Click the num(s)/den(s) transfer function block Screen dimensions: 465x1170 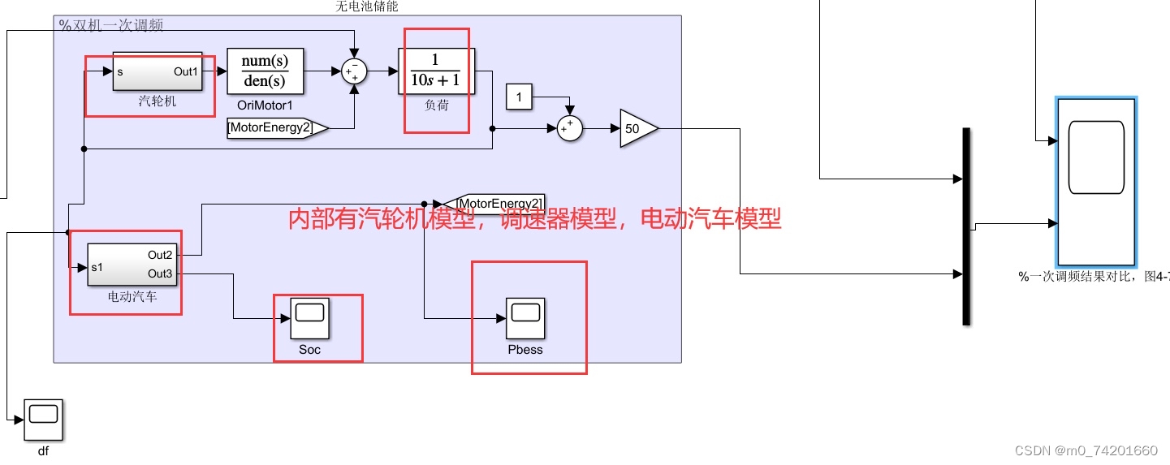(265, 71)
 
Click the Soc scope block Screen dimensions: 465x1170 (309, 318)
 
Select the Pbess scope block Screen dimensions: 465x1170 (525, 318)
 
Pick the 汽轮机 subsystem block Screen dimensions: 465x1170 (157, 72)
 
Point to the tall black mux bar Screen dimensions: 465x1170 (966, 226)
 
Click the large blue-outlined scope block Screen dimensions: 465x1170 (1095, 179)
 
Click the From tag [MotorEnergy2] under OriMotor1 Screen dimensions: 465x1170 (276, 127)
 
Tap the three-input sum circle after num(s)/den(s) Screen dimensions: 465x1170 (354, 71)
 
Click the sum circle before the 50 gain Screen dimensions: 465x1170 (570, 128)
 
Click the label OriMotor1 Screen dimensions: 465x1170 (265, 105)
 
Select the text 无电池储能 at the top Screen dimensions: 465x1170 (367, 6)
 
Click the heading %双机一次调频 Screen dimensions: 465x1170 (111, 25)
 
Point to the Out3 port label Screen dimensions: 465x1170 (160, 273)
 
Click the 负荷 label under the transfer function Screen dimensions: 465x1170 (437, 105)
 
